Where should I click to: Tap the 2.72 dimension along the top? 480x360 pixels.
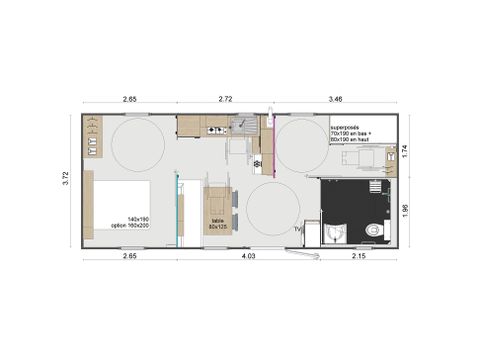pos(225,99)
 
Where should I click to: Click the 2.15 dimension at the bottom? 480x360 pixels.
pos(359,259)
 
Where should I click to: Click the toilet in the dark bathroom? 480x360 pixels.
pos(374,231)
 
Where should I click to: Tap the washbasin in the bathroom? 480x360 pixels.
pos(335,233)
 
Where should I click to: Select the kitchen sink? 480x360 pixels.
pos(243,125)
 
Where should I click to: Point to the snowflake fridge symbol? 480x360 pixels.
pos(257,163)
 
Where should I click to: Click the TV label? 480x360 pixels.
pos(297,229)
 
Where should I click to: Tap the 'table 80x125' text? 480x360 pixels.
pos(217,225)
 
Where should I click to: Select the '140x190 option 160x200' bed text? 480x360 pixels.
pos(129,222)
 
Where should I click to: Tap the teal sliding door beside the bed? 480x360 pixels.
pos(177,210)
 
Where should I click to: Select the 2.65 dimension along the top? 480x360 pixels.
pos(129,99)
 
